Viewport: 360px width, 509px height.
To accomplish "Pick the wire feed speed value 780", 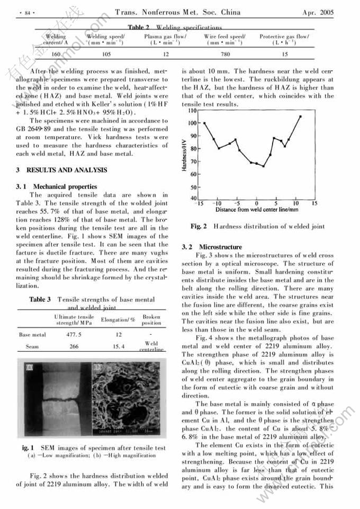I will pyautogui.click(x=225, y=54).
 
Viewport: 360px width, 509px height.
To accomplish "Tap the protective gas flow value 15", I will pyautogui.click(x=284, y=54).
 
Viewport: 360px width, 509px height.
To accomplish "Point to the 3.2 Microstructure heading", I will pyautogui.click(x=212, y=247).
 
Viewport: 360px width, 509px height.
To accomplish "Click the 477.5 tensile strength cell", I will pyautogui.click(x=72, y=335).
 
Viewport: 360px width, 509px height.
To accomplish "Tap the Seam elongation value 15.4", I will pyautogui.click(x=118, y=346).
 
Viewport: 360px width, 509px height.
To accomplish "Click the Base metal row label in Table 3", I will pyautogui.click(x=32, y=335).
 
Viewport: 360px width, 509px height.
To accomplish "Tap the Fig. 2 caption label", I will pyautogui.click(x=199, y=227).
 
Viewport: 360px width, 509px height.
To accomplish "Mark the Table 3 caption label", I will pyautogui.click(x=40, y=300).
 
